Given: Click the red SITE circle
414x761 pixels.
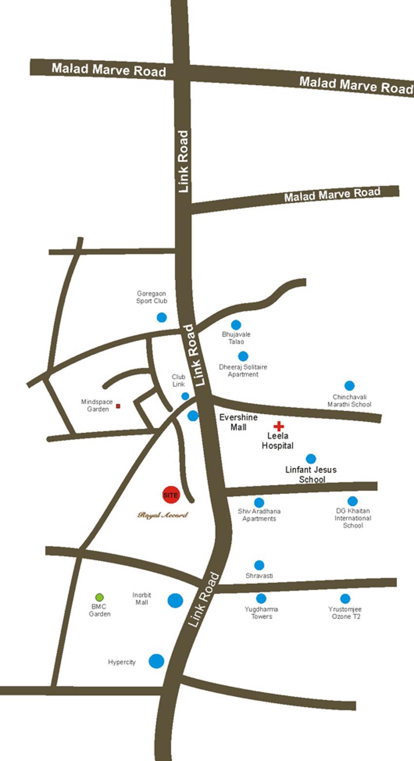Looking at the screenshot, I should [x=171, y=495].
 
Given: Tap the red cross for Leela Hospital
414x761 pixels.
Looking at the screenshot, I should [x=278, y=426].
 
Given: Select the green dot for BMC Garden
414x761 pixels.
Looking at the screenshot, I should [x=99, y=597].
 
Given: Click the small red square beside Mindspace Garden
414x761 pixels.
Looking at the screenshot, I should [x=118, y=406].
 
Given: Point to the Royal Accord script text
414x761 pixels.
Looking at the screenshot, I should [x=162, y=515].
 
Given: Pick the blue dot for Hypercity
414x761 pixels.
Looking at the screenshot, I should [x=156, y=661].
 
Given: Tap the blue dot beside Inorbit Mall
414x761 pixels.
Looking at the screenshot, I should [x=175, y=600].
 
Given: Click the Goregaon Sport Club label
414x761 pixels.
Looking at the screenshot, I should [x=151, y=298].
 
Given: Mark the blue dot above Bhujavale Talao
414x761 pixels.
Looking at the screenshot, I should [x=236, y=325].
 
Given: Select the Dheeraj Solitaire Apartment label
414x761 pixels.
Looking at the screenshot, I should [x=243, y=371].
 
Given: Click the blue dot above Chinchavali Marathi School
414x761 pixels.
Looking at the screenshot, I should [x=349, y=386].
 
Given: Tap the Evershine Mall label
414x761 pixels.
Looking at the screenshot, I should [x=238, y=422].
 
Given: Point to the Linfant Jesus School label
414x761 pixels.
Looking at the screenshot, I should [x=311, y=475].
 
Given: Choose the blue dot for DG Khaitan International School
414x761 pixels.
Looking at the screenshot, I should [x=353, y=501].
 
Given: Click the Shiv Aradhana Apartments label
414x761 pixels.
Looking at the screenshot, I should [x=259, y=515].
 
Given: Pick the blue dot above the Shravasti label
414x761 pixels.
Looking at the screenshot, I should [x=259, y=565].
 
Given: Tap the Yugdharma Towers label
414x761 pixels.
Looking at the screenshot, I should [x=262, y=613].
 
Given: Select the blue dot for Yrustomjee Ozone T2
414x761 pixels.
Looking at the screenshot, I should [x=345, y=599].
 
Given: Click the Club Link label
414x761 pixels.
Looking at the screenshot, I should [x=178, y=380].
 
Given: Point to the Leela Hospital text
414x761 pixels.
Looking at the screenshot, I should [x=278, y=441].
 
